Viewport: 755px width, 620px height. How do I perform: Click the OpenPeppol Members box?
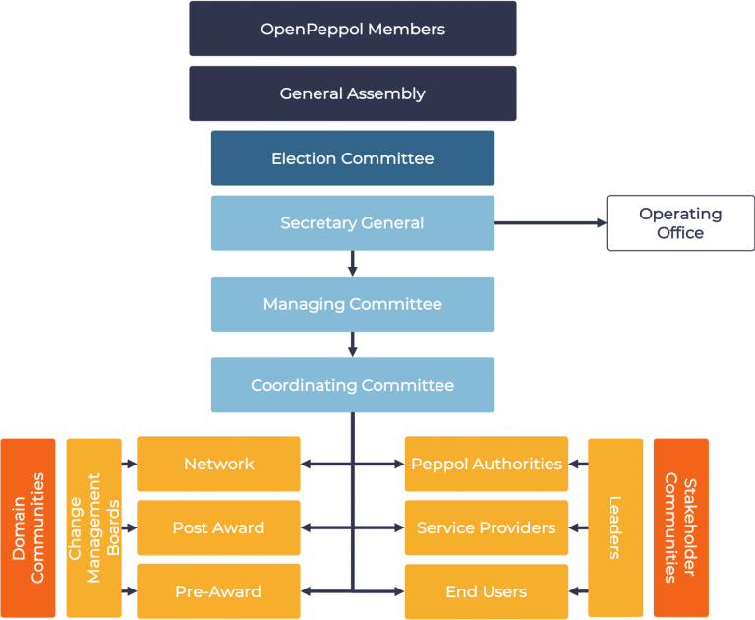[352, 29]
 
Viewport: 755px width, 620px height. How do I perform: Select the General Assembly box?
[352, 93]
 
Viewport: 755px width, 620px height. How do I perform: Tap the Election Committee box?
[352, 157]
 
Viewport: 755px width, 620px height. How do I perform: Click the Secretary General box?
[352, 222]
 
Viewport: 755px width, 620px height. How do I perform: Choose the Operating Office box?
[679, 222]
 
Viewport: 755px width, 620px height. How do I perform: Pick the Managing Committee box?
[352, 304]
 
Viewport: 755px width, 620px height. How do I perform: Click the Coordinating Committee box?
[352, 385]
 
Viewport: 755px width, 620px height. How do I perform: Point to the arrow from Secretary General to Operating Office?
[551, 223]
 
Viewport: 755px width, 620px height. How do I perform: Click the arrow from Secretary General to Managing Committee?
[352, 263]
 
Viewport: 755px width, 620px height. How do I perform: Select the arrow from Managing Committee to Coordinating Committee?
[352, 343]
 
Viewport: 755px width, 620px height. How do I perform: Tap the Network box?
[218, 464]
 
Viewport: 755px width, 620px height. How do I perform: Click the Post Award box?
[218, 527]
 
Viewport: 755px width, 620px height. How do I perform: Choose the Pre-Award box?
[218, 591]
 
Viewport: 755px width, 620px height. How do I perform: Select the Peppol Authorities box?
[487, 464]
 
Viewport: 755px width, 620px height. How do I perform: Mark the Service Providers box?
[487, 527]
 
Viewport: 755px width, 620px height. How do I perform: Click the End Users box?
[487, 591]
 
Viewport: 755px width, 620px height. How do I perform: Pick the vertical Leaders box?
[615, 527]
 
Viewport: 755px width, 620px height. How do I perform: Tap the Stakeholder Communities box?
[680, 527]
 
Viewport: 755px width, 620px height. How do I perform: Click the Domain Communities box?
[29, 527]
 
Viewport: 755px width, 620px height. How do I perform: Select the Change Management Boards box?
[93, 527]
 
